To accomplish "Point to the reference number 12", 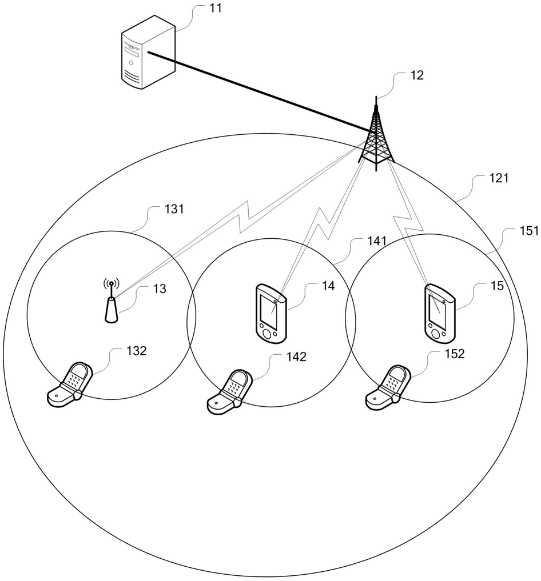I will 417,75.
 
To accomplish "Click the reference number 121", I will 499,179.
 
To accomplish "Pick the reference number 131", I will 174,209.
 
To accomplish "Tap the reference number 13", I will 160,290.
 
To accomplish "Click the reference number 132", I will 136,351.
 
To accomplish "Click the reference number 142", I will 296,358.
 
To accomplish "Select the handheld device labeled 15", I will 440,311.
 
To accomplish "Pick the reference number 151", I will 528,231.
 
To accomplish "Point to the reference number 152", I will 455,354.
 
